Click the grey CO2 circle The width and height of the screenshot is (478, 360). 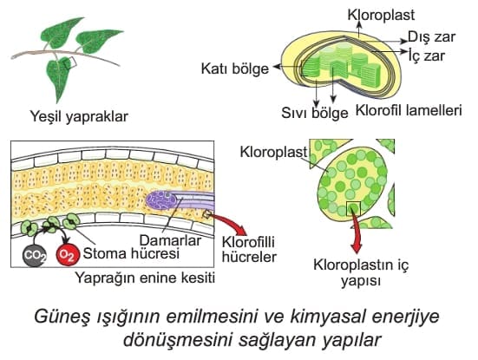(x=35, y=255)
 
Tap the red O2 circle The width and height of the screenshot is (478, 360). (x=68, y=255)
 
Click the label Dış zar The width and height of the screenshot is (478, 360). (x=431, y=37)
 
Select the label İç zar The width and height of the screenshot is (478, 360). (x=427, y=56)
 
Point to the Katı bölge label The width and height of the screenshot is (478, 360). (x=235, y=69)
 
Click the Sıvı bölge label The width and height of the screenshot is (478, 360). (x=315, y=113)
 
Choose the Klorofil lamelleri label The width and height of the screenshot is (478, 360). (x=409, y=110)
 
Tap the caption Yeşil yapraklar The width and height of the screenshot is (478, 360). (x=79, y=116)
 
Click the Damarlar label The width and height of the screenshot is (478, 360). (x=170, y=240)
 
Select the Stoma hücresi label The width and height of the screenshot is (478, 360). (x=131, y=253)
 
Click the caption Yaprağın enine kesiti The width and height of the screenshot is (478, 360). (x=145, y=278)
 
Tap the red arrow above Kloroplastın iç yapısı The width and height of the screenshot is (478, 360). (x=356, y=232)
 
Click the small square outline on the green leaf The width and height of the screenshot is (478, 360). (x=70, y=62)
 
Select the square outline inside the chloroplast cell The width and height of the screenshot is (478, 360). (x=354, y=209)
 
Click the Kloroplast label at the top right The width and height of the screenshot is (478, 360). (x=381, y=15)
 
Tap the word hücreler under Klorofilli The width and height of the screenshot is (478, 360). (x=249, y=257)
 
